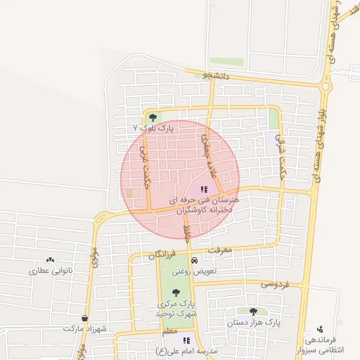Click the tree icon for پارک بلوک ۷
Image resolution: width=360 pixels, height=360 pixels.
[x=153, y=117]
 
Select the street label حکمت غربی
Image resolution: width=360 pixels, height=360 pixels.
[x=146, y=166]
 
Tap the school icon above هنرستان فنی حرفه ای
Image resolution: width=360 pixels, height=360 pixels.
[x=204, y=188]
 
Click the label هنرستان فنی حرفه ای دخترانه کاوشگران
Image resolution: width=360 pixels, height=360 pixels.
[x=204, y=205]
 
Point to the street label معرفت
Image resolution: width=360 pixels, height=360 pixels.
[x=220, y=250]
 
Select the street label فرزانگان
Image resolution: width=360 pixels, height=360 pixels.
[x=162, y=256]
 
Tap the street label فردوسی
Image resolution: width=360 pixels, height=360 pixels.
[x=275, y=284]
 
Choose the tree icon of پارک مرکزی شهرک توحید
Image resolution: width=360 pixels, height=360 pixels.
[x=175, y=292]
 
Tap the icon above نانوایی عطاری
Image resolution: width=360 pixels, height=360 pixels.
[x=49, y=260]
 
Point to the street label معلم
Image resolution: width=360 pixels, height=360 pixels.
[x=169, y=330]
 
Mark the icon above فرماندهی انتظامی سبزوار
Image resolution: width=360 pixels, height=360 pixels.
[x=321, y=329]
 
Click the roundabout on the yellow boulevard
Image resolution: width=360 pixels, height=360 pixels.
[x=325, y=86]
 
